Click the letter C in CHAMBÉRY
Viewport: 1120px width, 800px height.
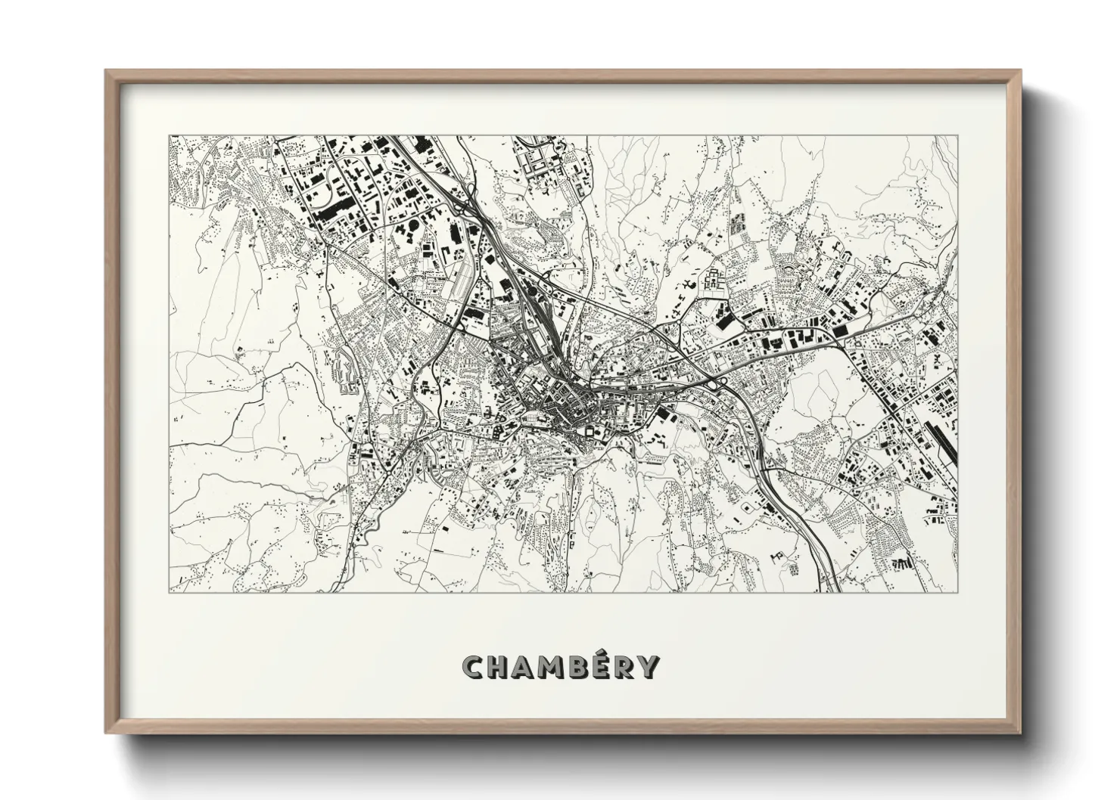(x=473, y=667)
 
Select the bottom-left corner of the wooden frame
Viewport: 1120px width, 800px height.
(x=105, y=732)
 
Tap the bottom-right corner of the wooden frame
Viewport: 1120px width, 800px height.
(x=1021, y=732)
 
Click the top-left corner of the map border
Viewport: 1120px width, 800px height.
(x=170, y=137)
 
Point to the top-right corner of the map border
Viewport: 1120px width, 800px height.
(x=957, y=137)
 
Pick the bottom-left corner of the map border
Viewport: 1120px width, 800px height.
(x=170, y=593)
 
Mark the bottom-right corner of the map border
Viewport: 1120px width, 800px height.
(x=957, y=593)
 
